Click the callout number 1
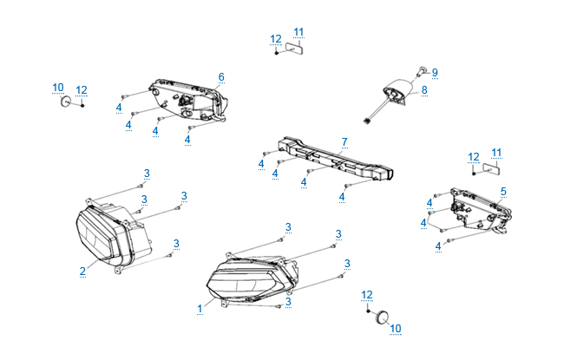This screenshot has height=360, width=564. pos(200,307)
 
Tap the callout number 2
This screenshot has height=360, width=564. pos(82,271)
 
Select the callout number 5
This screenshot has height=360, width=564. pos(504,191)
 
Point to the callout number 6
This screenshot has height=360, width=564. pos(221,77)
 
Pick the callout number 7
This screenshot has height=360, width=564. pos(344,141)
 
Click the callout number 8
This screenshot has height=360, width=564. pos(424,90)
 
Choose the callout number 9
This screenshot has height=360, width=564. pos(435,72)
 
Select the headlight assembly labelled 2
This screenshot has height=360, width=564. pos(108,231)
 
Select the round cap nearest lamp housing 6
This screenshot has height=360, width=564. pos(64,101)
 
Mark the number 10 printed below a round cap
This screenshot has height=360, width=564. pos(396,328)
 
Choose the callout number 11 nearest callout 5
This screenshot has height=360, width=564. pos(496,153)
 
